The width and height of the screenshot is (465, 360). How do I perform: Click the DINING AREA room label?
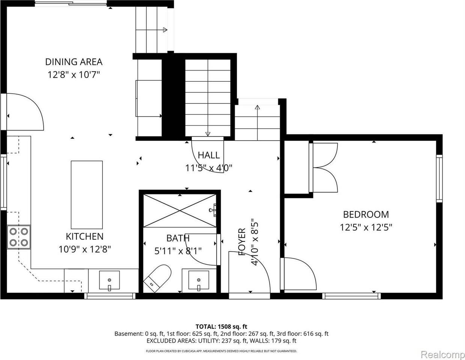click(x=74, y=61)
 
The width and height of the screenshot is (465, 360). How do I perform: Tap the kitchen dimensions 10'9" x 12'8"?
click(x=84, y=249)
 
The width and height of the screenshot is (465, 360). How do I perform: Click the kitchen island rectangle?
click(x=87, y=195)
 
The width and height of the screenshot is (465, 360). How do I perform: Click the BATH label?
click(x=178, y=238)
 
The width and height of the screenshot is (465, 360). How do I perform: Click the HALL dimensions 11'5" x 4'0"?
click(x=209, y=168)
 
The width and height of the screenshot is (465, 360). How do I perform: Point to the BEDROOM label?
click(x=366, y=214)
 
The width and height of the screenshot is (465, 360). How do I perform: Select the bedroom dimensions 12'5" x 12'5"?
click(x=366, y=227)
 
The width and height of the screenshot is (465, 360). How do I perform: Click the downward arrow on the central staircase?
click(x=208, y=133)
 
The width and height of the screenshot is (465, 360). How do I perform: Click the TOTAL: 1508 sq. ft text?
click(x=221, y=326)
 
